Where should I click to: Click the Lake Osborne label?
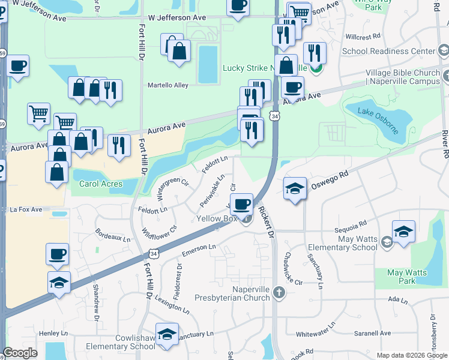point(374,112)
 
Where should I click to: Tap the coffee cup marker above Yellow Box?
point(242,205)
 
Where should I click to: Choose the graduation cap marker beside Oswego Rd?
point(295,189)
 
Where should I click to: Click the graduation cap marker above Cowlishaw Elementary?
point(167,334)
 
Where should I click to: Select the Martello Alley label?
point(168,85)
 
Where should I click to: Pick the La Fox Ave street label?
point(26,209)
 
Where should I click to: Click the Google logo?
point(20,353)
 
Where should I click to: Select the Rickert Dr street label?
point(267,221)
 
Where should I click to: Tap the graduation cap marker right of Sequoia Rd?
point(403,232)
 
